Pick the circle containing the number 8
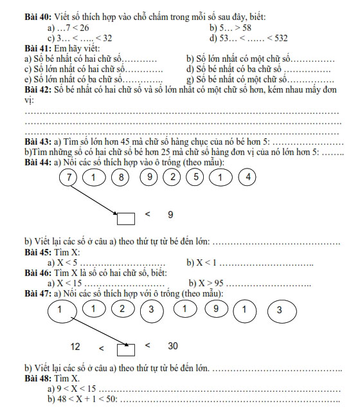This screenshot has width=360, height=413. coord(120,177)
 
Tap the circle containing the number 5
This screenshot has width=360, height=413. coord(195,177)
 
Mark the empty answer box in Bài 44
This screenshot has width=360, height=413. coord(126,219)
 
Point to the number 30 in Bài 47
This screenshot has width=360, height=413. coord(173,346)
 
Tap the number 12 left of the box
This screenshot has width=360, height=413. coord(75,347)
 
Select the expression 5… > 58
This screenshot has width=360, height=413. coord(231,30)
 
